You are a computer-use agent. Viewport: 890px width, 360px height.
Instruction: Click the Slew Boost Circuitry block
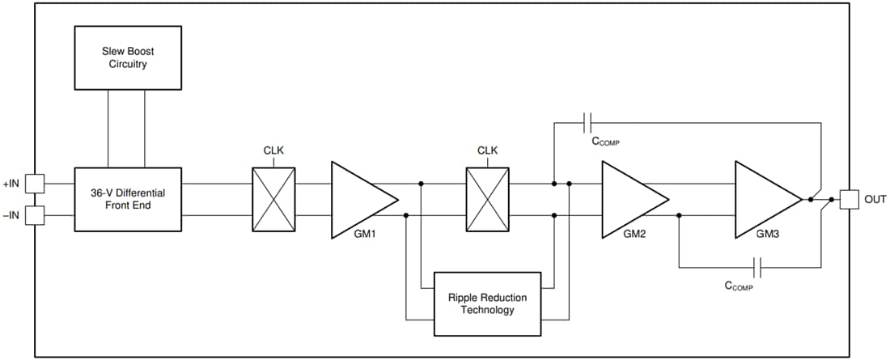tap(128, 57)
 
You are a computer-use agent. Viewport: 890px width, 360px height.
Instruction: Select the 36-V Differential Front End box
tap(128, 200)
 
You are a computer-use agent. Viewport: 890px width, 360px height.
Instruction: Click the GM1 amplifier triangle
tap(359, 200)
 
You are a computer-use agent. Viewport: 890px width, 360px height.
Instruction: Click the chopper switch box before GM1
tap(273, 200)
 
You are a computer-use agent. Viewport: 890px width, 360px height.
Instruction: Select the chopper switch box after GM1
tap(487, 200)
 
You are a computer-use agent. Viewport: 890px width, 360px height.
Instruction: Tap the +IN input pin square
tap(36, 184)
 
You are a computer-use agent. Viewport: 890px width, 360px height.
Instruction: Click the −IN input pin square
tap(36, 216)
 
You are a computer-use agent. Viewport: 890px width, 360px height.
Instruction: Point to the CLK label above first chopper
tap(273, 150)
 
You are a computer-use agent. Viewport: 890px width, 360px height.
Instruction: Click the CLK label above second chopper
tap(487, 150)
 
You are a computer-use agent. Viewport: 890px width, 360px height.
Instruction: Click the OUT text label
tap(875, 199)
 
